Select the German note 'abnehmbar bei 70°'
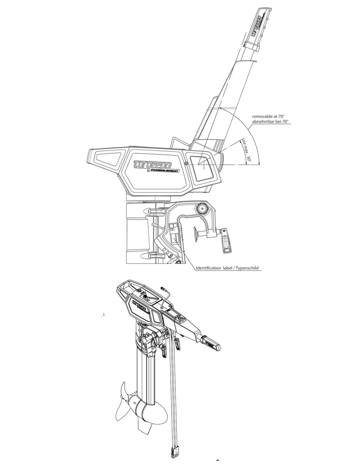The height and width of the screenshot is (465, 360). point(270,121)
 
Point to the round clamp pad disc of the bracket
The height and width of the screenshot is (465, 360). point(196,234)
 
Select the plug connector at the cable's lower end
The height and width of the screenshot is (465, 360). point(175,447)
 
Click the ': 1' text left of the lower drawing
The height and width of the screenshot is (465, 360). point(102,315)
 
